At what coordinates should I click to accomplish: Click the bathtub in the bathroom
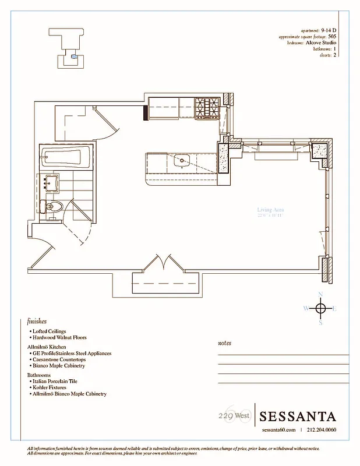coord(65,157)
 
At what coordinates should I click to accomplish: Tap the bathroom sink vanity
coord(51,183)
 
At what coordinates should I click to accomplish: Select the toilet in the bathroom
coord(54,207)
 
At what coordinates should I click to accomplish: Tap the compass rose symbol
coord(320,308)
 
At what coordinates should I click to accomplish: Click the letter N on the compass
coord(320,294)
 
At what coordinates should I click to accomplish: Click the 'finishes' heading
coord(37,321)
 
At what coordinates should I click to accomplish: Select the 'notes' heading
coord(224,343)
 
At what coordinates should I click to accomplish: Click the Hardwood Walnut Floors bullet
coord(60,338)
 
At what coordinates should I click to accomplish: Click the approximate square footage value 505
coord(331,36)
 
